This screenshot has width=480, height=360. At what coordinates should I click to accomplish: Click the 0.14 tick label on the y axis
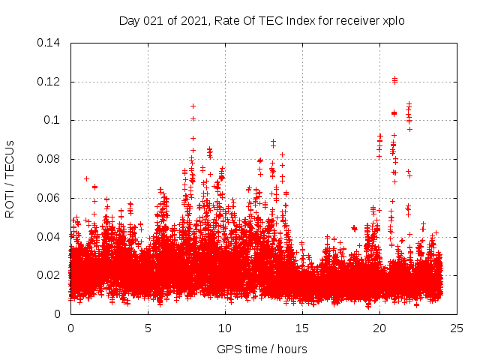click(x=51, y=42)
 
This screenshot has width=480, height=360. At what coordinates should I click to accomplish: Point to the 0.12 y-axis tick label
click(x=51, y=81)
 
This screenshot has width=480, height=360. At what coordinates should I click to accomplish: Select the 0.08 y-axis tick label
click(x=51, y=159)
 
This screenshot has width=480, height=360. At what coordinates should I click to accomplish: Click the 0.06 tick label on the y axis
click(x=51, y=198)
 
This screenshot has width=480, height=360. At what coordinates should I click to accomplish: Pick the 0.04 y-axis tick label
click(x=51, y=237)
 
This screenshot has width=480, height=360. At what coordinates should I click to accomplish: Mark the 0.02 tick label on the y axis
click(x=51, y=275)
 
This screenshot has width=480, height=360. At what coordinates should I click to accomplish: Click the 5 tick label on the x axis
click(x=148, y=328)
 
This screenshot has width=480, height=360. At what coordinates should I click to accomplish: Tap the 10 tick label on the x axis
click(x=225, y=328)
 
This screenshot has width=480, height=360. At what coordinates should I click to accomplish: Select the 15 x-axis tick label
click(x=302, y=328)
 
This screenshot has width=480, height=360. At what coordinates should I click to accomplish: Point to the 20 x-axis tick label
click(x=379, y=328)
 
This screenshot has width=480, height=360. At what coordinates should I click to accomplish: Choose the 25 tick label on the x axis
click(x=457, y=328)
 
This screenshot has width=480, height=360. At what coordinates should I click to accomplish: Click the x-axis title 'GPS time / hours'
click(x=262, y=349)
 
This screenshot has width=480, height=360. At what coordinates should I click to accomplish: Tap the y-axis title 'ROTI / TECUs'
click(x=10, y=178)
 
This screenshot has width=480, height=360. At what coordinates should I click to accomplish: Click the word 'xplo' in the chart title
click(x=393, y=20)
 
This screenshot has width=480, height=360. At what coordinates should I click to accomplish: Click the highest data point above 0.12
click(x=394, y=77)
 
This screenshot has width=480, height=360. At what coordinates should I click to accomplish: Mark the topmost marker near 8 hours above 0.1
click(x=193, y=106)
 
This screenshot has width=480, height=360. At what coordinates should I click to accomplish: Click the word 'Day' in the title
click(x=129, y=20)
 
